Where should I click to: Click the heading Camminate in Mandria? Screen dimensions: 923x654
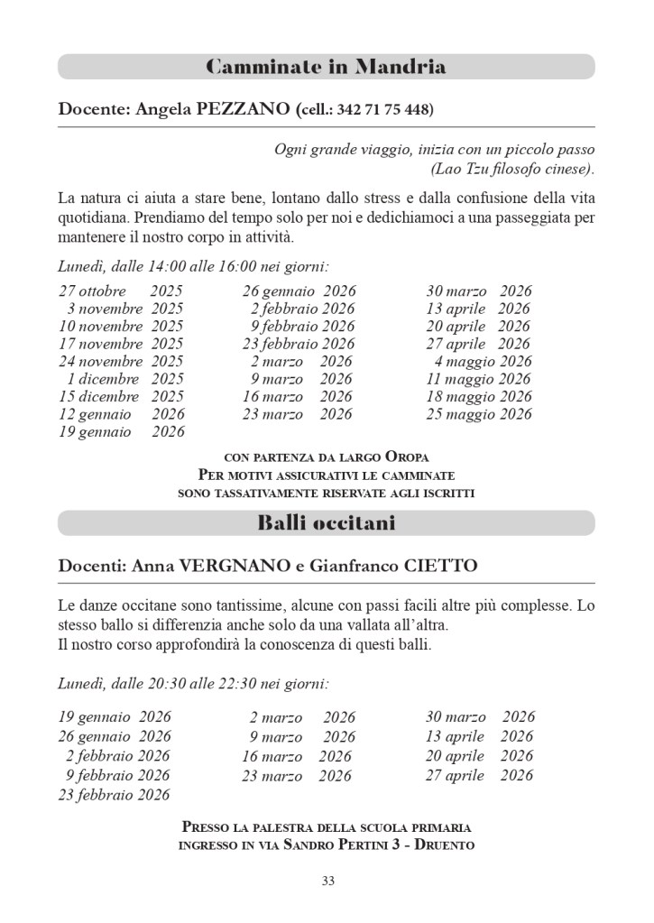click(x=326, y=67)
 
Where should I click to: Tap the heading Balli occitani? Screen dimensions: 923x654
click(x=326, y=522)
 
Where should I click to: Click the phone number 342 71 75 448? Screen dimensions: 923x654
click(x=383, y=111)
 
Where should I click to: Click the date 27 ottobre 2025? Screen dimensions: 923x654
click(x=121, y=291)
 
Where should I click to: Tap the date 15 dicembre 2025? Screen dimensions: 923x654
click(x=121, y=396)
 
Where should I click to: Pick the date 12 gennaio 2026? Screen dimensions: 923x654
click(x=121, y=414)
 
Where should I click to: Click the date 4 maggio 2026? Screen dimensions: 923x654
click(x=483, y=362)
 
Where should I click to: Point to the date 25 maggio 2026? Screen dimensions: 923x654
click(x=479, y=414)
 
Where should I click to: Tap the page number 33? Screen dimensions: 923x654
click(x=327, y=881)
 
